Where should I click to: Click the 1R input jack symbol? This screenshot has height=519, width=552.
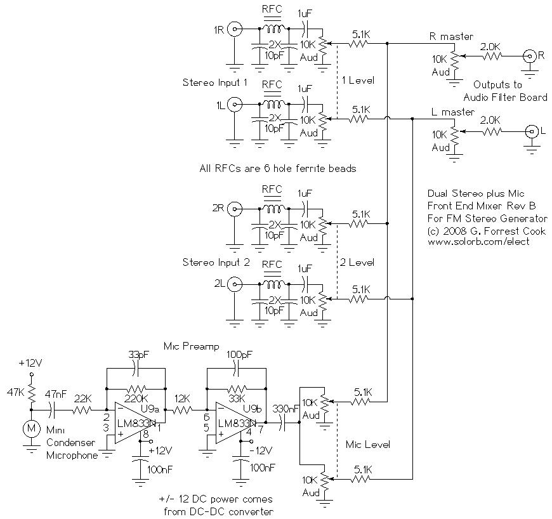[235, 29]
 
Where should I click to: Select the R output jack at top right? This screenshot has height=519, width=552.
[528, 56]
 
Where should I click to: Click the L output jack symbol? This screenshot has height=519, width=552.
[528, 132]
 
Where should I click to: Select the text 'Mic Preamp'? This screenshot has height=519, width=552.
[191, 346]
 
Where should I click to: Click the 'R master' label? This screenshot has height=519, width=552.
[452, 36]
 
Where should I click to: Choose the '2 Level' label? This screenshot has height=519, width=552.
[357, 262]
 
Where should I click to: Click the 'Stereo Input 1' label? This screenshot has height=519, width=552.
[215, 82]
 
